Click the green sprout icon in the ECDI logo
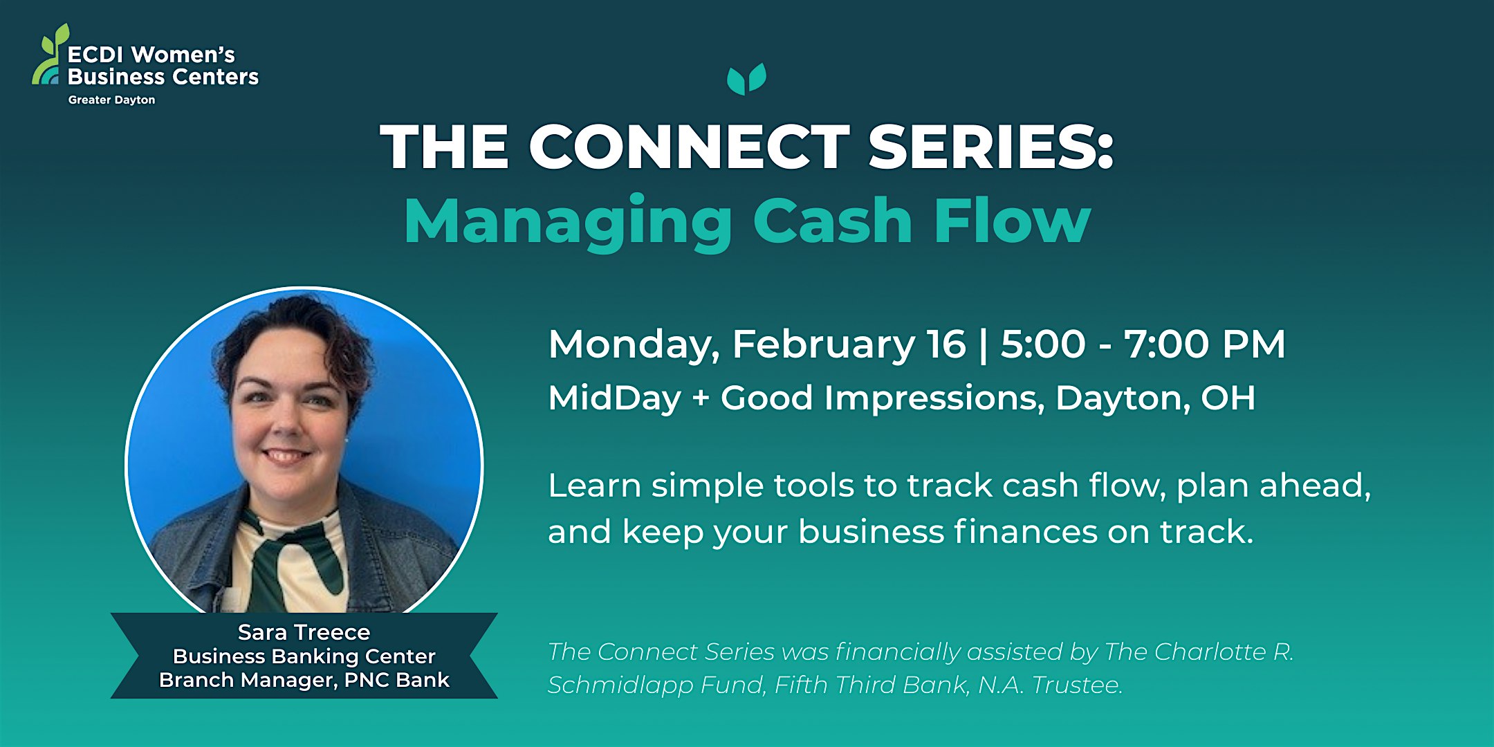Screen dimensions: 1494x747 pos(50,55)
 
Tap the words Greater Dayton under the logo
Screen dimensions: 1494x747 pos(111,100)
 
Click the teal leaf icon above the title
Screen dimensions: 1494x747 pos(746,79)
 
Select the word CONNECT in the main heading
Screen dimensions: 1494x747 pos(689,147)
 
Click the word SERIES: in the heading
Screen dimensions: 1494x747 pos(991,147)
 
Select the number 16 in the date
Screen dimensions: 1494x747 pos(946,344)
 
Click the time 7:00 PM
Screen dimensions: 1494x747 pos(1205,344)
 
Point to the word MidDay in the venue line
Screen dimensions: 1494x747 pos(614,399)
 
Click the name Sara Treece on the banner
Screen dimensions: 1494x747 pos(304,632)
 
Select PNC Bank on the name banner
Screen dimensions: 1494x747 pos(397,680)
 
